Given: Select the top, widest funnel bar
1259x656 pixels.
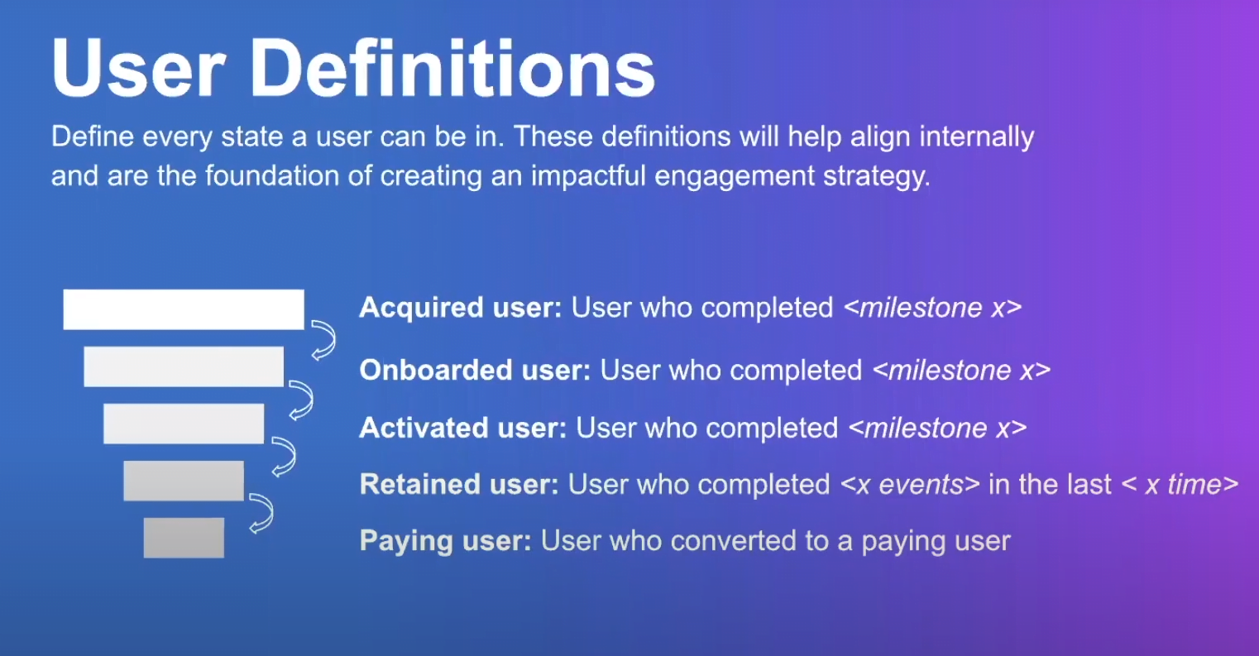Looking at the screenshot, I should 184,309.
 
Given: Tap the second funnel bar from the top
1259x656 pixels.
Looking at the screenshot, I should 184,366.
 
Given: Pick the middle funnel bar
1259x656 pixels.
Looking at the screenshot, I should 184,424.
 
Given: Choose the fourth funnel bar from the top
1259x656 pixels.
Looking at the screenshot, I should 184,481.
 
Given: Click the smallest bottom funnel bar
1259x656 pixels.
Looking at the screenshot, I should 184,538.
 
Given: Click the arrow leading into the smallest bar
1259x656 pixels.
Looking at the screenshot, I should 261,513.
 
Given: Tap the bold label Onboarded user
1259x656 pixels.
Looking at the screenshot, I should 475,370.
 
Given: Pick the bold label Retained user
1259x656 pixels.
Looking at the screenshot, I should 459,485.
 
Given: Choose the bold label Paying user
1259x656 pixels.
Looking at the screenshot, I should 445,542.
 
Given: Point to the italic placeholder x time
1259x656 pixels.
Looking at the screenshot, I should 1180,485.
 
